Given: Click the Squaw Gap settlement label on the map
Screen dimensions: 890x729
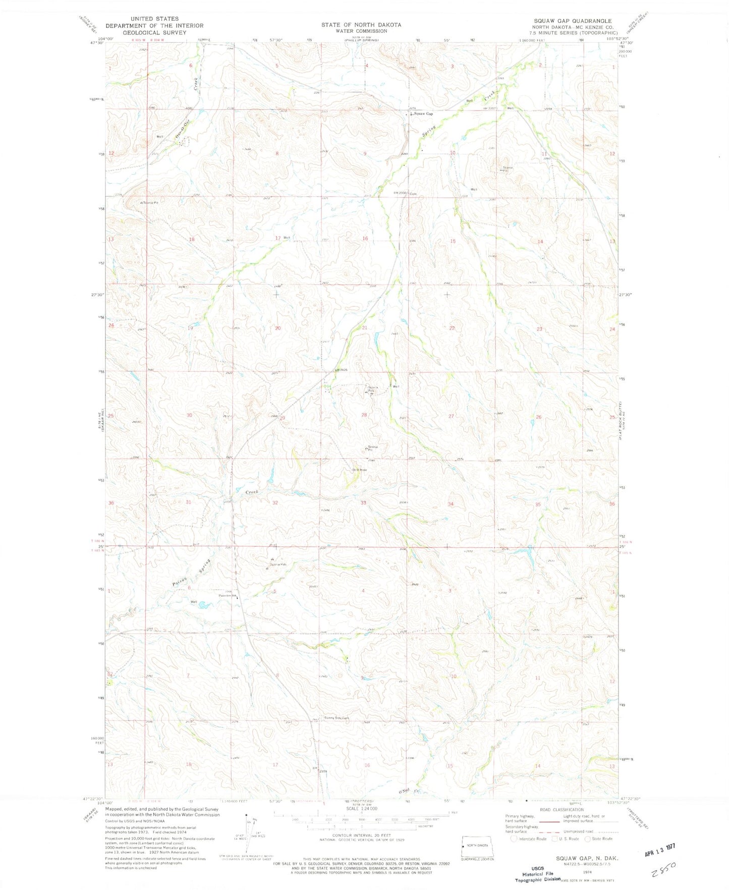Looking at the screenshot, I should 423,114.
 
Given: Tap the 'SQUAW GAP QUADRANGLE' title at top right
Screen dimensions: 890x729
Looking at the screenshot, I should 573,21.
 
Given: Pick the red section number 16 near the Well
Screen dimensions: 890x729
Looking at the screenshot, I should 365,238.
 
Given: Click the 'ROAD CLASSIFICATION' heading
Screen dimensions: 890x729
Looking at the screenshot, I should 562,810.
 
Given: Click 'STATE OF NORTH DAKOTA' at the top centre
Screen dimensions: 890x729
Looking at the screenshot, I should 361,24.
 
